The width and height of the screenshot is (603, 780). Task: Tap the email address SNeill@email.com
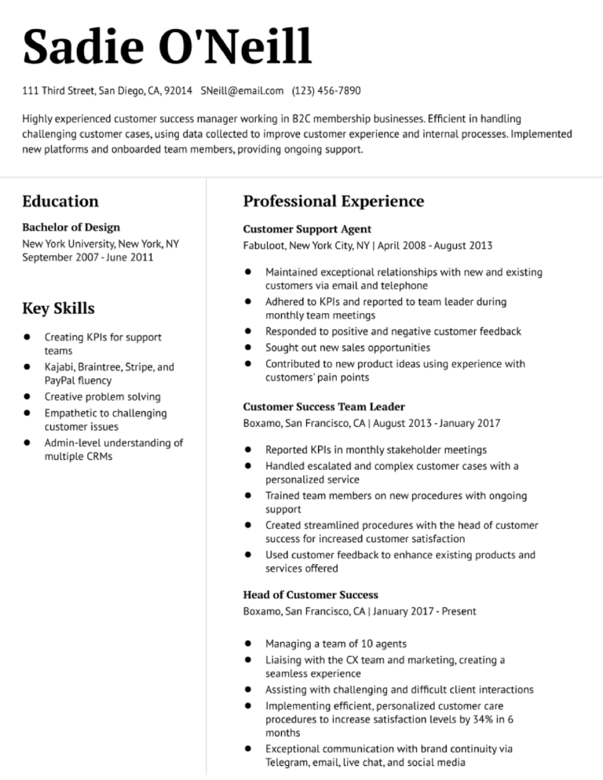tap(242, 91)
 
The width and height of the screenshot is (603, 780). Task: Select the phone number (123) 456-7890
tap(326, 91)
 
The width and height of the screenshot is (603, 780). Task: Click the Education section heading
tap(60, 202)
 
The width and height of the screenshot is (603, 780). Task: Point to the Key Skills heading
tap(58, 308)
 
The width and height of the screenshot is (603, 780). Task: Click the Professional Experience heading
tap(334, 202)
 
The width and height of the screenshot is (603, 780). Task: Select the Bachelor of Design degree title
tap(71, 228)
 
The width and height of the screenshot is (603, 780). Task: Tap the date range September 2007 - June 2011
tap(88, 257)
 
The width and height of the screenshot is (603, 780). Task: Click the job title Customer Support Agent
tap(307, 229)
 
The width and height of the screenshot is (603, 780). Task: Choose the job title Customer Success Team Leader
tap(324, 406)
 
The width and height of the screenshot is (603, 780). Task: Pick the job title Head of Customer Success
tap(311, 595)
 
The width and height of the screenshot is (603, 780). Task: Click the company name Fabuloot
tap(264, 246)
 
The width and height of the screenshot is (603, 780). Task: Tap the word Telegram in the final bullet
tap(287, 763)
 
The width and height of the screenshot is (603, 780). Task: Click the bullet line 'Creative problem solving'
tap(102, 397)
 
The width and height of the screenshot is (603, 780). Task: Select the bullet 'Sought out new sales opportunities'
tap(348, 347)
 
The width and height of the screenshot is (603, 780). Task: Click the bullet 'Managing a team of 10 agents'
tap(336, 643)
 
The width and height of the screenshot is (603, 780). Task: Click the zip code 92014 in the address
tap(178, 91)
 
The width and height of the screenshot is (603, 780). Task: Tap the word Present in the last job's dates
tap(459, 611)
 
